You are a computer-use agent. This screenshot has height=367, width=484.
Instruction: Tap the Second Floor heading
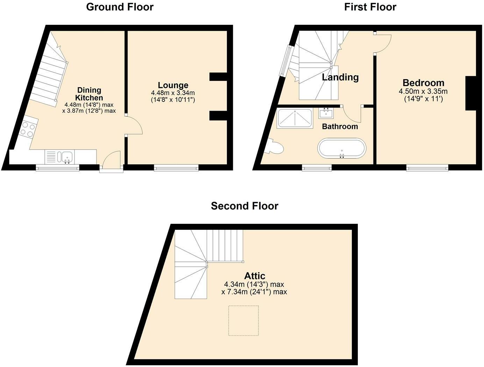pyautogui.click(x=244, y=206)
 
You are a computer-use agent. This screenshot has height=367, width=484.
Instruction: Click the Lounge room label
pyautogui.click(x=173, y=85)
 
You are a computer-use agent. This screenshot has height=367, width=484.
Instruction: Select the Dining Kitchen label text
pyautogui.click(x=89, y=94)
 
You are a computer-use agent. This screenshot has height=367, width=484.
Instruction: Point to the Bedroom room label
pyautogui.click(x=423, y=83)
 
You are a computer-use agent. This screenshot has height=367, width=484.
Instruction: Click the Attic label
pyautogui.click(x=255, y=276)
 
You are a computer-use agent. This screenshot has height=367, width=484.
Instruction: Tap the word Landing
pyautogui.click(x=340, y=77)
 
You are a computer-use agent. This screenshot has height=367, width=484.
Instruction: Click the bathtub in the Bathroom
pyautogui.click(x=342, y=148)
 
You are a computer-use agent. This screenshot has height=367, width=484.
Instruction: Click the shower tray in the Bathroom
pyautogui.click(x=295, y=118)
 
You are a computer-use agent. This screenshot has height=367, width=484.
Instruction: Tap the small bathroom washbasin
pyautogui.click(x=326, y=113)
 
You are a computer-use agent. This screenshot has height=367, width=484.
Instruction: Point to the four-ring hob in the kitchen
pyautogui.click(x=29, y=130)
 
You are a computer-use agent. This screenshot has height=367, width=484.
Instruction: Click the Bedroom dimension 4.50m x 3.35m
pyautogui.click(x=423, y=91)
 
